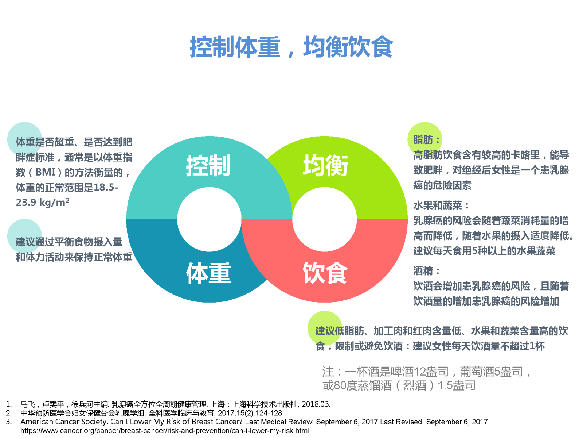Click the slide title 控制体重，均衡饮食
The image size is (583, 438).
[x=291, y=47]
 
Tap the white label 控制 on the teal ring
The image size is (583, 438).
[x=208, y=165]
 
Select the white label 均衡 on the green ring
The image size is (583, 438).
[x=325, y=165]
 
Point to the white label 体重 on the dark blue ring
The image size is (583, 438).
[x=208, y=273]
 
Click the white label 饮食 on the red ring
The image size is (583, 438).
[x=325, y=273]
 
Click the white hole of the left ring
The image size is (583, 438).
[x=209, y=219]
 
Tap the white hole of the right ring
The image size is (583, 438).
[x=324, y=219]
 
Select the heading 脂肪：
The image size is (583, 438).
[x=427, y=140]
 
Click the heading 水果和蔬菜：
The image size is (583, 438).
[x=441, y=205]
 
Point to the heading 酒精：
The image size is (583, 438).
[x=427, y=271]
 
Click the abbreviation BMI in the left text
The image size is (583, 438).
[x=46, y=172]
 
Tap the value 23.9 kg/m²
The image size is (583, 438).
[x=43, y=202]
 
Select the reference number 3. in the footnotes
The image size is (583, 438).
[x=9, y=422]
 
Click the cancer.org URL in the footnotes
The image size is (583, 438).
[x=165, y=431]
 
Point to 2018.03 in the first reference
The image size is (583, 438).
[x=316, y=404]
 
